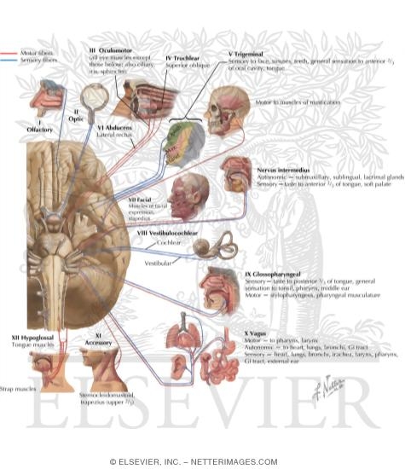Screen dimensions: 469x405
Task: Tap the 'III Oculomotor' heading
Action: (113, 50)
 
